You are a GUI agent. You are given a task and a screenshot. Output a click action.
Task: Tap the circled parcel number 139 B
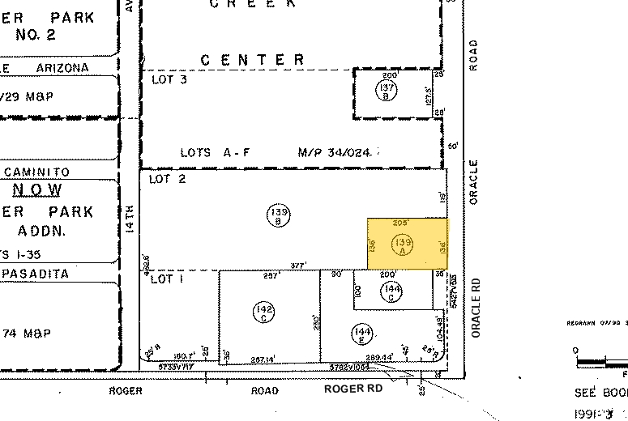pyautogui.click(x=277, y=215)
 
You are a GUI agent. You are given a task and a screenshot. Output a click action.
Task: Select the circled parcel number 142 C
pyautogui.click(x=264, y=310)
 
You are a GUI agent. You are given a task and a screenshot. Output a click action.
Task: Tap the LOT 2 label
pyautogui.click(x=168, y=179)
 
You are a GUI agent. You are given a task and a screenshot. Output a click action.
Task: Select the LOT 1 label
pyautogui.click(x=168, y=279)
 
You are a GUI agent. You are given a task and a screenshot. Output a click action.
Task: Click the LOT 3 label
pyautogui.click(x=169, y=79)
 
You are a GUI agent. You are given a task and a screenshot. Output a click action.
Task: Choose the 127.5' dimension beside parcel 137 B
pyautogui.click(x=430, y=96)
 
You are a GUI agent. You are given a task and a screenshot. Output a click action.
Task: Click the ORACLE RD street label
pyautogui.click(x=476, y=308)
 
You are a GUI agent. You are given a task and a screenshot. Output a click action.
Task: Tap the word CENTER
pyautogui.click(x=253, y=59)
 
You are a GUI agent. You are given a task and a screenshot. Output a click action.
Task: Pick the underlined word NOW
pyautogui.click(x=37, y=190)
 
